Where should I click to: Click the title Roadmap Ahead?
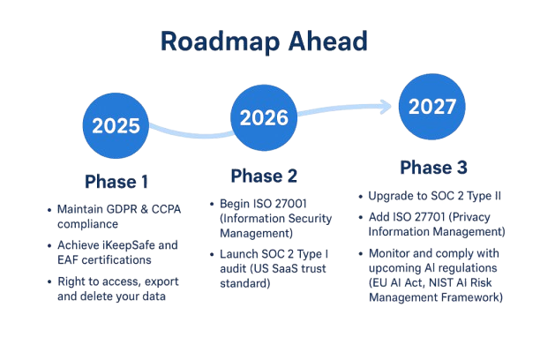(x=265, y=41)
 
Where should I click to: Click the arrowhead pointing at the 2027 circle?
(x=386, y=106)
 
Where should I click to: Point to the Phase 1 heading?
(x=116, y=182)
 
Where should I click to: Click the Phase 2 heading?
(x=264, y=175)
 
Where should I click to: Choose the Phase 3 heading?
(x=433, y=168)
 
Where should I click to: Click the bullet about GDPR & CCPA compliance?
(x=109, y=217)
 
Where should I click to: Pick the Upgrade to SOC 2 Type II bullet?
(x=433, y=195)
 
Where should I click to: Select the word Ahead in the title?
(x=326, y=41)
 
